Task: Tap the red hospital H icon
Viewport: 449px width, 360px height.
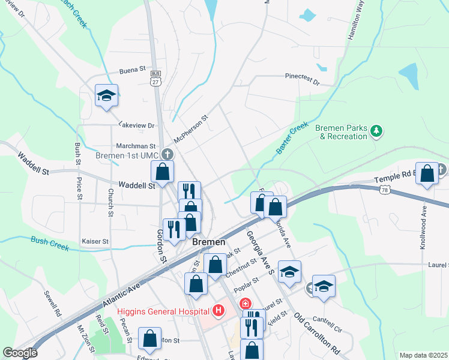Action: click(218, 311)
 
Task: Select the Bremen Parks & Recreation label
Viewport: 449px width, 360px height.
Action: click(341, 132)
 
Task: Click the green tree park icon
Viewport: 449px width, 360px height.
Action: click(376, 130)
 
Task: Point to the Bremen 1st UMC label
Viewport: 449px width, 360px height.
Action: click(125, 155)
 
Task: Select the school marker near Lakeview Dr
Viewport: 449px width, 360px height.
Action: click(106, 96)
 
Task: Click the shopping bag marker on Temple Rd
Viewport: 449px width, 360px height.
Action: click(427, 175)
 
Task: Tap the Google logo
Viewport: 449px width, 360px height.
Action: click(20, 353)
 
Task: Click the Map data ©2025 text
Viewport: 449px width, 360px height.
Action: click(423, 355)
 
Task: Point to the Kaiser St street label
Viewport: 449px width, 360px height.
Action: click(94, 241)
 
